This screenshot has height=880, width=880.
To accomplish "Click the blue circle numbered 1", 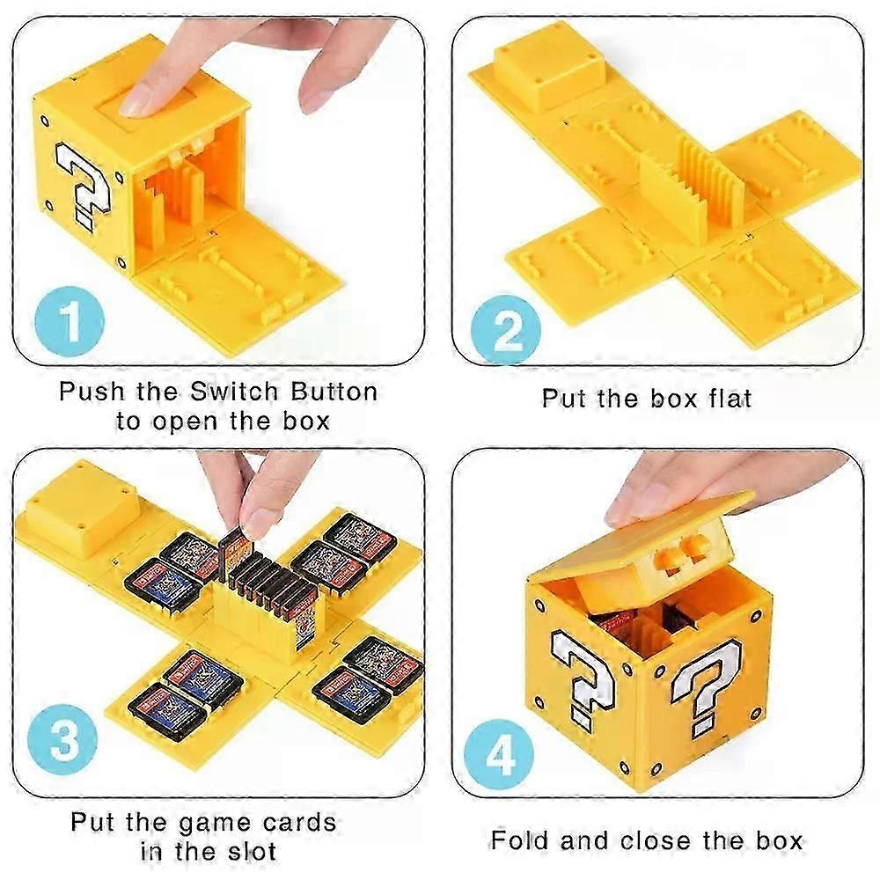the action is click(70, 322).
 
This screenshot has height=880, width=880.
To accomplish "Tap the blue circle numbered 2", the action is click(506, 330).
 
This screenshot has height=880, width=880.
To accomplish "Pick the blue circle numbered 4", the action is click(500, 755).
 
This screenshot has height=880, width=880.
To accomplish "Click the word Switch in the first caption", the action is click(234, 392).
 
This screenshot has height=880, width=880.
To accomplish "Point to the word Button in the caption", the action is click(334, 392).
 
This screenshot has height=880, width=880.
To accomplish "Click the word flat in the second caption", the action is click(730, 399).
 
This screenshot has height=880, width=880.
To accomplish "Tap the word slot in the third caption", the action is click(252, 851).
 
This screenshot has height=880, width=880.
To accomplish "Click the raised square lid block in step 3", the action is click(82, 508).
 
